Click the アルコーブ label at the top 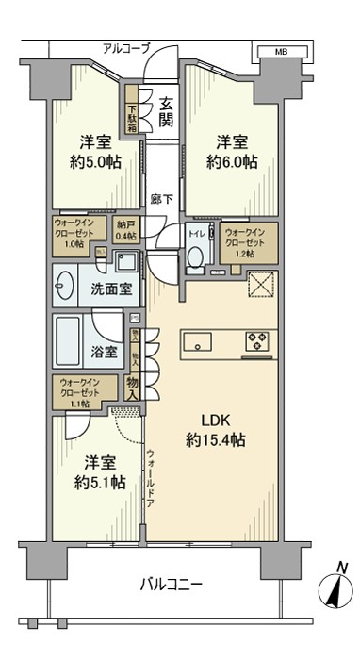coord(126,48)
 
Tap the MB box coord(282,52)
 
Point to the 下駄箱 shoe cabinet coord(133,113)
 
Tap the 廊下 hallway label coord(161,199)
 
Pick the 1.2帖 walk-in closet coord(250,242)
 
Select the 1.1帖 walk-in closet coord(85,390)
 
